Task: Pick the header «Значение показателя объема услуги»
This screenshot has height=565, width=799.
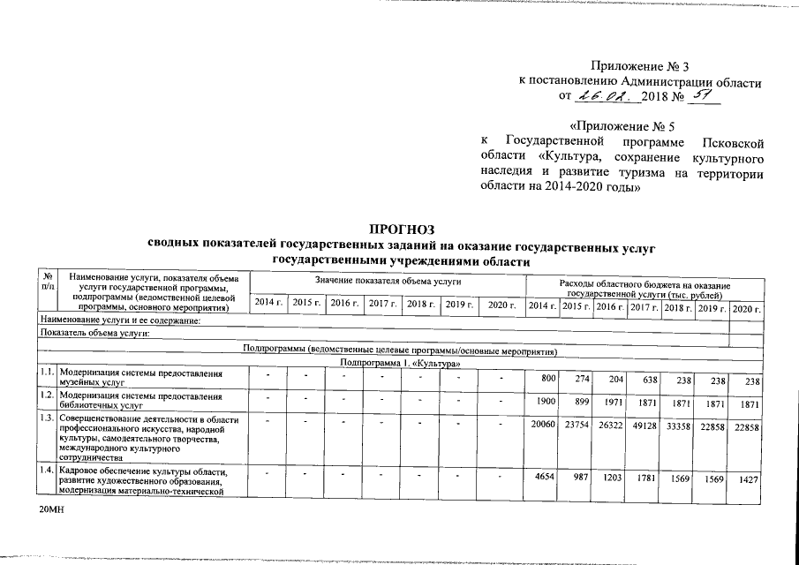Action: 388,280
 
